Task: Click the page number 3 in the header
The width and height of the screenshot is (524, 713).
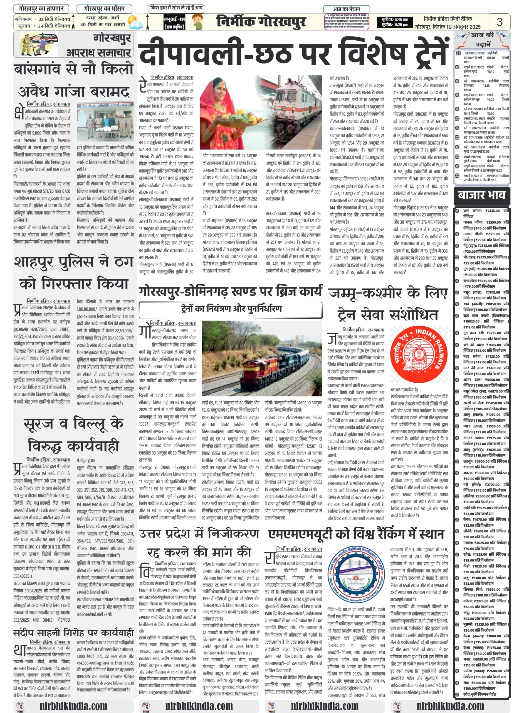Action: [x=499, y=22]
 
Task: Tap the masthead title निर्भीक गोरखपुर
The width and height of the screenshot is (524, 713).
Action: [x=261, y=22]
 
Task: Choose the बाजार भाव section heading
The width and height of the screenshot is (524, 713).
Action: [x=481, y=195]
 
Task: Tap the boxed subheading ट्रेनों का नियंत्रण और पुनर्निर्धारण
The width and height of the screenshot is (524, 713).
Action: [x=231, y=308]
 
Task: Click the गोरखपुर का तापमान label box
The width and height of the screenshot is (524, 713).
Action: [x=41, y=8]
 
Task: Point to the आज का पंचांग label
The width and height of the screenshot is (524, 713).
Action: [x=346, y=9]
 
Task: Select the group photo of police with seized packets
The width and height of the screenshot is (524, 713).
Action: [x=105, y=121]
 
